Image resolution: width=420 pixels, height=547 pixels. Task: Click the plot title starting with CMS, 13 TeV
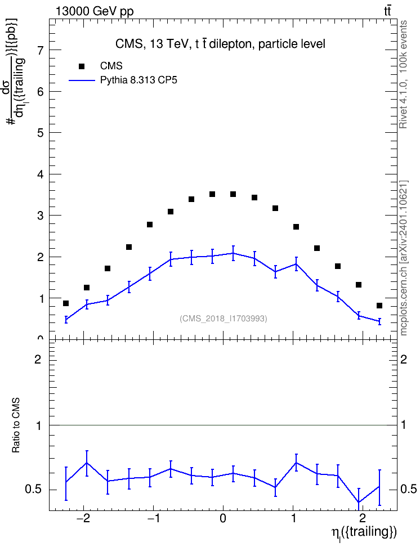[220, 44]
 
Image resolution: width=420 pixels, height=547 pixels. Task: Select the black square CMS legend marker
[81, 66]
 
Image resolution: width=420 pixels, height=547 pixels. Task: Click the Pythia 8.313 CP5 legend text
[138, 80]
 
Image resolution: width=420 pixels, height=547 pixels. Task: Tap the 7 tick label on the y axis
[41, 50]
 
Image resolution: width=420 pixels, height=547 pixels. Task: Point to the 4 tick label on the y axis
[41, 174]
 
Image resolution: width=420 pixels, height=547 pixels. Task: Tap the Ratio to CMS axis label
[16, 425]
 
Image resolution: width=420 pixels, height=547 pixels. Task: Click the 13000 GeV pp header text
[95, 11]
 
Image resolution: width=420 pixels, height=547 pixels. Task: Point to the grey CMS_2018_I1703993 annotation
[224, 319]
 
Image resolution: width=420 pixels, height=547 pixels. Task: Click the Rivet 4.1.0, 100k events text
[403, 74]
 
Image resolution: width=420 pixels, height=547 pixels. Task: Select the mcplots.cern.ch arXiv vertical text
[403, 258]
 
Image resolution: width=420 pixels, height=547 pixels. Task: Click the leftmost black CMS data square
[66, 303]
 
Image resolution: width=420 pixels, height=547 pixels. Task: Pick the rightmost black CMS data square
[379, 306]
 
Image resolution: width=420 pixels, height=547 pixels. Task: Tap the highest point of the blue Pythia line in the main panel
[233, 253]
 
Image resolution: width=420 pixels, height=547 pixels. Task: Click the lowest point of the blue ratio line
[359, 501]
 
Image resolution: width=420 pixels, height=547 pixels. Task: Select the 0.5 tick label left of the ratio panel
[34, 490]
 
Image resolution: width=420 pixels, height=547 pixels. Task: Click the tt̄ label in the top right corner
[387, 11]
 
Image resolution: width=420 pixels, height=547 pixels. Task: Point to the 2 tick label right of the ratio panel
[404, 359]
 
